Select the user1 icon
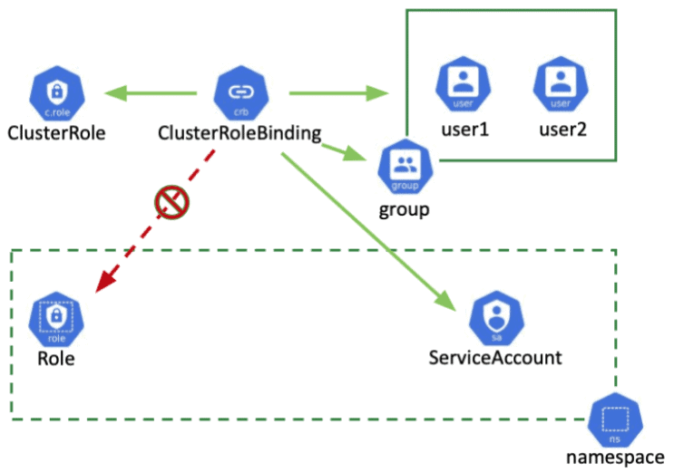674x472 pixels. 464,84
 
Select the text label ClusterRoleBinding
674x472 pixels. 239,133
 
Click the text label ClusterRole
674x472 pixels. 56,133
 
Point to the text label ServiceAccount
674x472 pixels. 495,357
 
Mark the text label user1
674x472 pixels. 464,129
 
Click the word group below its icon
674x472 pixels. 404,210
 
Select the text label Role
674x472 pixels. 55,358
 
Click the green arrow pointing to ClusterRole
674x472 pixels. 150,92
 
